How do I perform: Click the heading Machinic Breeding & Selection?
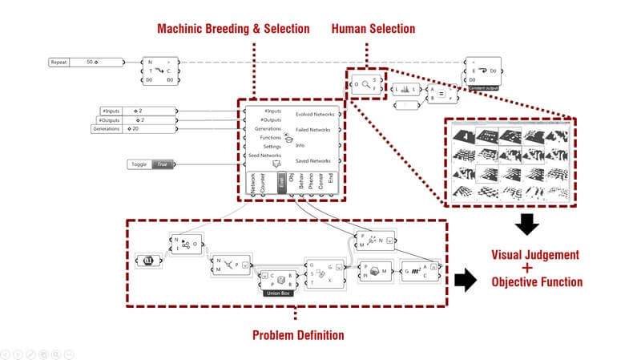[233, 29]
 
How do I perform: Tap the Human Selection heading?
[373, 29]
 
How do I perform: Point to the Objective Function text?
[536, 282]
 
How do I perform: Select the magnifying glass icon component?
[365, 84]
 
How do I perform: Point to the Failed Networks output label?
[313, 130]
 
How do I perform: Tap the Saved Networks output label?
[313, 161]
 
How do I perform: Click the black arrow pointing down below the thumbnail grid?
[525, 225]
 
